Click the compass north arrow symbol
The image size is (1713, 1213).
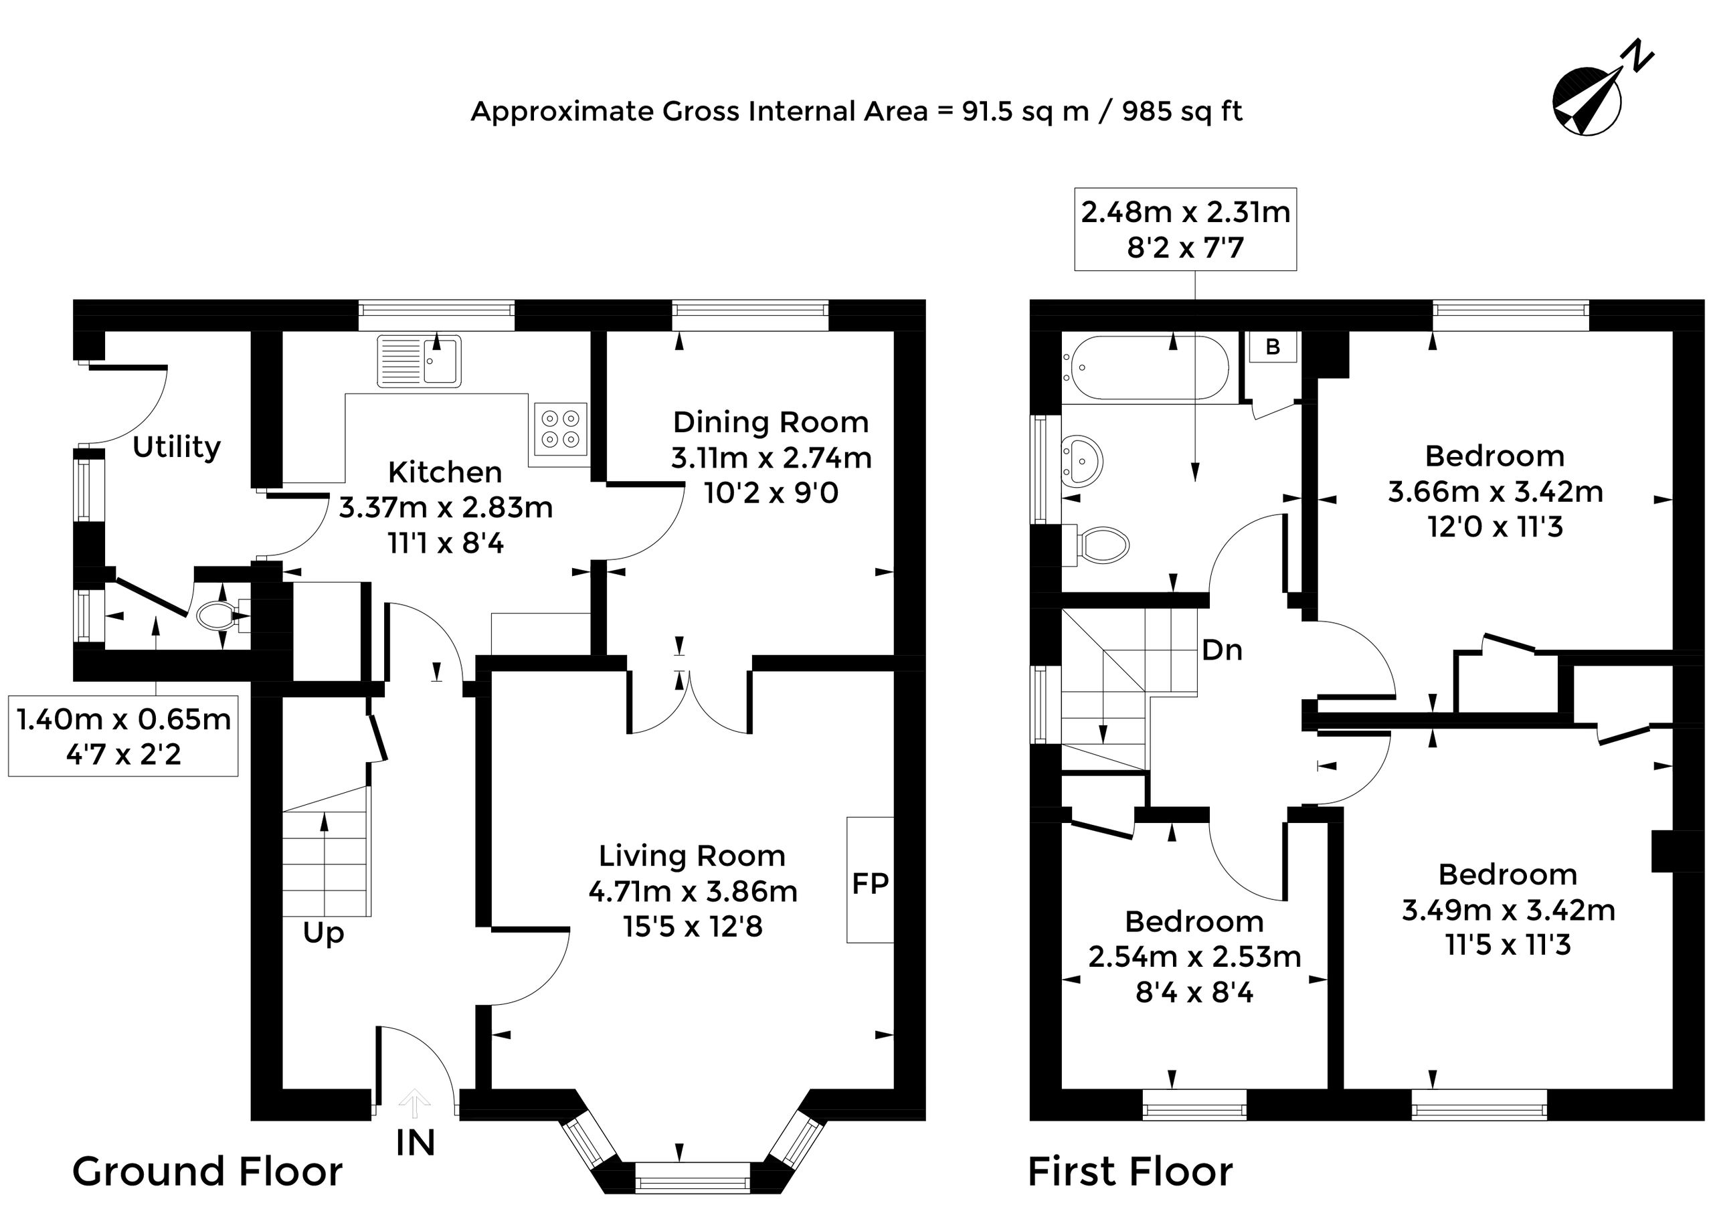coord(1591,101)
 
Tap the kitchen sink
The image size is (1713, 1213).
coord(419,361)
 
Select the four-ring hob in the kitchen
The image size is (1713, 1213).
coord(560,430)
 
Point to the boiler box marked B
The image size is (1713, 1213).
coord(1273,347)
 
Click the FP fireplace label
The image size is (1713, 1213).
coord(871,884)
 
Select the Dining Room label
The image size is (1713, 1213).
coord(771,422)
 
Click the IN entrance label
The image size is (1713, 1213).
coord(416,1143)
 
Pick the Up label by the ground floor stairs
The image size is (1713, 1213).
coord(323,933)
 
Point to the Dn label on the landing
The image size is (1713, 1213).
coord(1222,650)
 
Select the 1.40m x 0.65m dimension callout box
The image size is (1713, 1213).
coord(123,737)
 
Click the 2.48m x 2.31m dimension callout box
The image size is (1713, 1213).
coord(1186,229)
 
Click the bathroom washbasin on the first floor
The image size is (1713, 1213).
coord(1080,460)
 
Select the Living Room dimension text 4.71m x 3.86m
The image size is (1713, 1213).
coord(693,892)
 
